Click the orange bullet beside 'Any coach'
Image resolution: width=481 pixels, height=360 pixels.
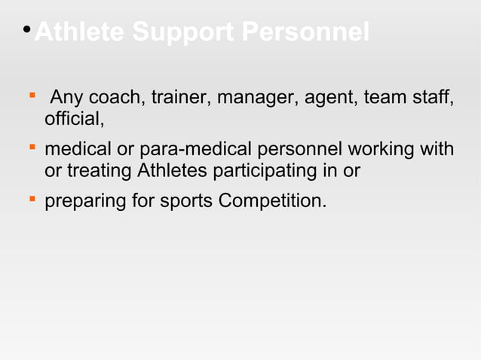tap(31, 96)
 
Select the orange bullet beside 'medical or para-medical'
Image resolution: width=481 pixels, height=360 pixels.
tap(31, 148)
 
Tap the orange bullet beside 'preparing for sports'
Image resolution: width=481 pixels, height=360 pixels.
tap(31, 200)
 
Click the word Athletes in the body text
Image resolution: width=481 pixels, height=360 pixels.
tap(173, 171)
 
